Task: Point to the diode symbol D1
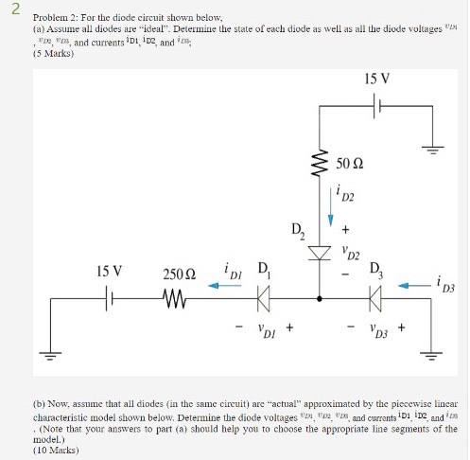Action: [x=264, y=301]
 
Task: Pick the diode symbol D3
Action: [x=375, y=301]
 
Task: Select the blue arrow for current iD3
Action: [x=411, y=283]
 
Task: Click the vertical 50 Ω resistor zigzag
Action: [x=323, y=168]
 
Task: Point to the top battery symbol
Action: [x=381, y=107]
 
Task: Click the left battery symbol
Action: [x=109, y=301]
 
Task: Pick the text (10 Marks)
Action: [x=54, y=451]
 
